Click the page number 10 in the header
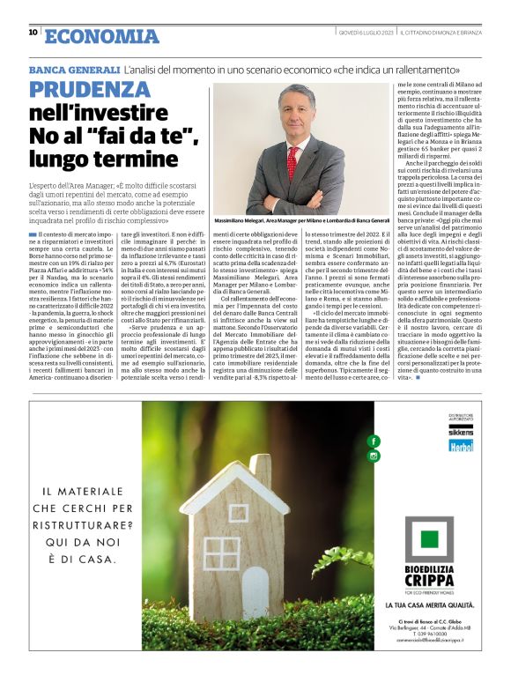(33, 33)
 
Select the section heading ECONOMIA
(100, 35)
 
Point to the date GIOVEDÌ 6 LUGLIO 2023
(361, 33)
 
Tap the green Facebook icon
(374, 440)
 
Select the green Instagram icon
(374, 456)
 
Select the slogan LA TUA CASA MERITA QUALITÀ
(431, 605)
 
